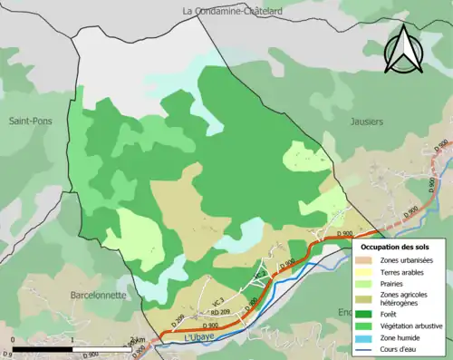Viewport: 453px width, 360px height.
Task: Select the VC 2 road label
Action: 259,275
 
